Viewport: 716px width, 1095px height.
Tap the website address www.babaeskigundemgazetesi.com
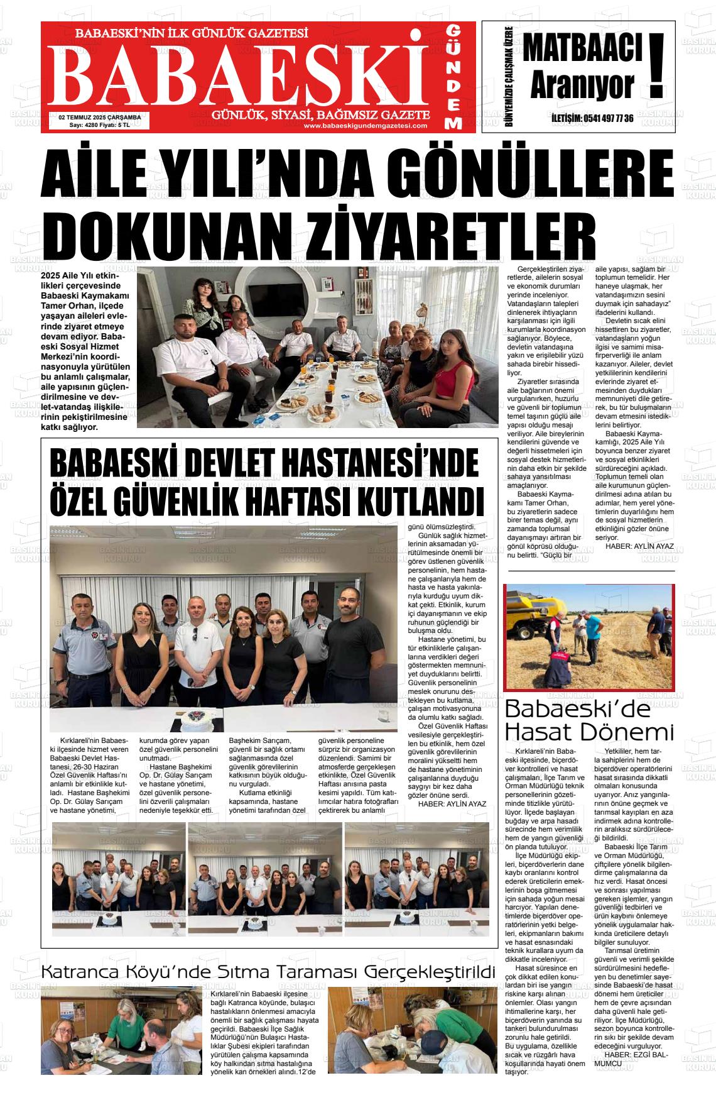click(365, 126)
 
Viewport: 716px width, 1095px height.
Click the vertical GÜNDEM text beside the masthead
click(454, 77)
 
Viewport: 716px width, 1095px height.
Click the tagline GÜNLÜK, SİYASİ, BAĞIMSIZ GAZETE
click(321, 115)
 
